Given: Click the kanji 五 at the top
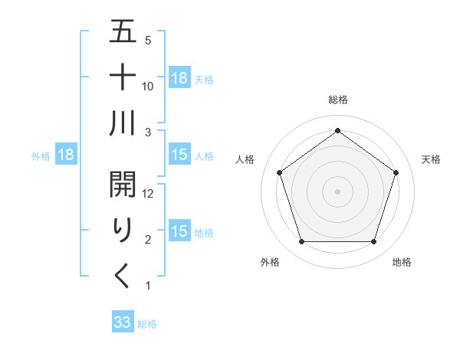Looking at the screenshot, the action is click(123, 33).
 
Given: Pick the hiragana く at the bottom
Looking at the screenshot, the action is click(123, 276).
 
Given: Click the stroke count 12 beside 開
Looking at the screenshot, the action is click(149, 195).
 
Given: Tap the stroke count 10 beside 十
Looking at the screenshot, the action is click(149, 87).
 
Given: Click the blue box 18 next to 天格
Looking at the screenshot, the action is click(179, 78).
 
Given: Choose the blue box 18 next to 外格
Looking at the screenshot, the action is click(65, 155).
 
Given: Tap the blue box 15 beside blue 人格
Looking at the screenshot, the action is click(179, 155).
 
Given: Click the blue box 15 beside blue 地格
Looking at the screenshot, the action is click(179, 231).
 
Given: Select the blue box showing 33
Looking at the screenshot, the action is click(122, 323).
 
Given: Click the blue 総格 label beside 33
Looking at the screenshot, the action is click(147, 324).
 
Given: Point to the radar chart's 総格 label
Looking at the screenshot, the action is click(337, 100).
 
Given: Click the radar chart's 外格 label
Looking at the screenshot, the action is click(269, 262).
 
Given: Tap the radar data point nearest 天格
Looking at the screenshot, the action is click(396, 172).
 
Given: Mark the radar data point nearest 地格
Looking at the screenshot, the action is click(373, 242).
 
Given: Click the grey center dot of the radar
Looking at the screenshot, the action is click(337, 191).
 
